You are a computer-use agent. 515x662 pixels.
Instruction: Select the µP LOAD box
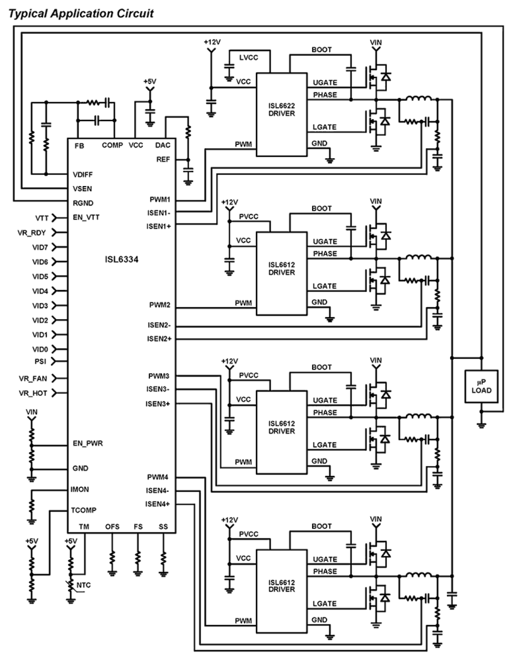click(481, 386)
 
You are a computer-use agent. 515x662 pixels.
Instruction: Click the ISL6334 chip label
click(121, 260)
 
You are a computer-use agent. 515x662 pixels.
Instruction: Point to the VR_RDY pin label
click(32, 232)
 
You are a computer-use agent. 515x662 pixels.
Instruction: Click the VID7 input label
click(40, 247)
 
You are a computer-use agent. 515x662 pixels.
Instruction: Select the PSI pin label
click(40, 361)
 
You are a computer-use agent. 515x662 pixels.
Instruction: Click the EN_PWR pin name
click(88, 444)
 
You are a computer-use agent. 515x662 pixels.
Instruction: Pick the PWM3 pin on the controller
click(159, 376)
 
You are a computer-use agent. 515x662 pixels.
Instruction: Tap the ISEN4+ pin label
click(157, 504)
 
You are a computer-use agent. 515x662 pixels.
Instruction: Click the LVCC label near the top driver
click(248, 57)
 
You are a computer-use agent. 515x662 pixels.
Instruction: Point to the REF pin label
click(163, 159)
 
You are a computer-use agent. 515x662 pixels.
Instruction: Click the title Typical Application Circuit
click(81, 14)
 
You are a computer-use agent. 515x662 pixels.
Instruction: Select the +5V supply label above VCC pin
click(150, 82)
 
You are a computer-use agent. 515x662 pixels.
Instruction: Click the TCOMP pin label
click(84, 510)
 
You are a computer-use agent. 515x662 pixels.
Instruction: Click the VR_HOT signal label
click(33, 393)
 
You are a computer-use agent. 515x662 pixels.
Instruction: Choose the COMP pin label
click(112, 145)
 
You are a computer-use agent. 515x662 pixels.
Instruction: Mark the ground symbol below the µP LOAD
click(481, 425)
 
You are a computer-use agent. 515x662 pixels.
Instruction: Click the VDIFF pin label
click(83, 174)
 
